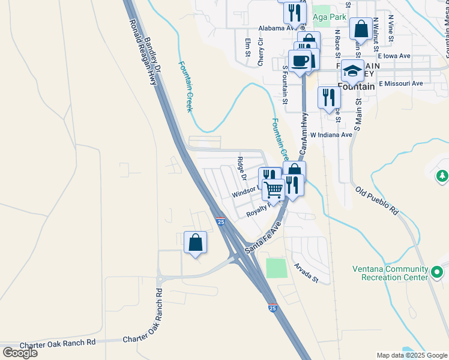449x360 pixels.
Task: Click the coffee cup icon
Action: [300, 61]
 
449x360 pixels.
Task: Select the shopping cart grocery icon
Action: [274, 189]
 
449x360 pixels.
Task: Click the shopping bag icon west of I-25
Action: [196, 243]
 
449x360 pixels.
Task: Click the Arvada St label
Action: [305, 272]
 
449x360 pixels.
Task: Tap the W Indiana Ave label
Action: [331, 135]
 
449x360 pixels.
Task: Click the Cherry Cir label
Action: [261, 52]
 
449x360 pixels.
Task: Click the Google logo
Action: [20, 353]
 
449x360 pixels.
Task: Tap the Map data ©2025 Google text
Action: [412, 355]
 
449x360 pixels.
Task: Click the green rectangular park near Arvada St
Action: [276, 268]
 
